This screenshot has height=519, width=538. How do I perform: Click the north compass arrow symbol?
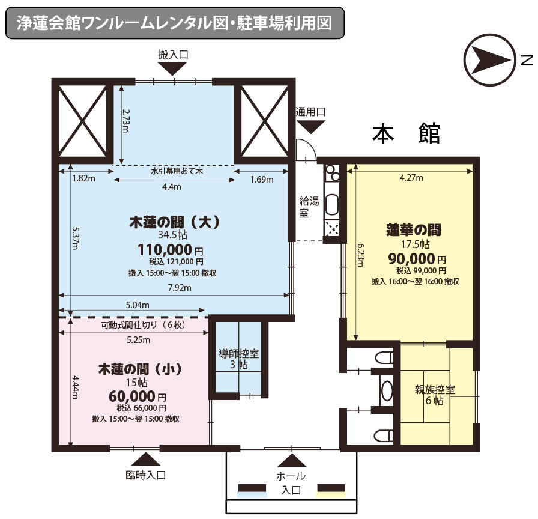(x=489, y=59)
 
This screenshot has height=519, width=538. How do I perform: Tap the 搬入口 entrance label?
(x=173, y=55)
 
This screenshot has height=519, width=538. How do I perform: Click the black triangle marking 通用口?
(x=310, y=127)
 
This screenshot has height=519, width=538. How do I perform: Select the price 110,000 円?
(x=171, y=250)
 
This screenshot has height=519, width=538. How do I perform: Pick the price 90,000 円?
(x=417, y=258)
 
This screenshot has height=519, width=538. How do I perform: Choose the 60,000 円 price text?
(x=138, y=396)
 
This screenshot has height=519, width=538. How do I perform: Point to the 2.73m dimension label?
(x=126, y=121)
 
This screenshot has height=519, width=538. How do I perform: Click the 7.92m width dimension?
(x=180, y=288)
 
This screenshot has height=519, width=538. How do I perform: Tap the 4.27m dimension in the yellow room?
(x=411, y=178)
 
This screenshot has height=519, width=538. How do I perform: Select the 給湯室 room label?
(x=309, y=207)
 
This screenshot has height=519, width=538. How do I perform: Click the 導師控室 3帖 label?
(x=239, y=359)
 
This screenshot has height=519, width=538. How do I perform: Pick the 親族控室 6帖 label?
(x=434, y=395)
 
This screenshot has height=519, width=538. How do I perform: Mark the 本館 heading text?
(x=407, y=133)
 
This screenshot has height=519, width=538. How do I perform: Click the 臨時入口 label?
(x=146, y=475)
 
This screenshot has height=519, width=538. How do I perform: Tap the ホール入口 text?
(x=291, y=483)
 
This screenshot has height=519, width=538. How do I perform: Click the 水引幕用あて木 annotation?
(x=177, y=171)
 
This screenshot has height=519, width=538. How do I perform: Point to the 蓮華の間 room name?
(x=414, y=230)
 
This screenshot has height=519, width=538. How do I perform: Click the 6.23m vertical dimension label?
(x=361, y=255)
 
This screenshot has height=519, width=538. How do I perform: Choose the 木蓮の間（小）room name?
(x=141, y=369)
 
